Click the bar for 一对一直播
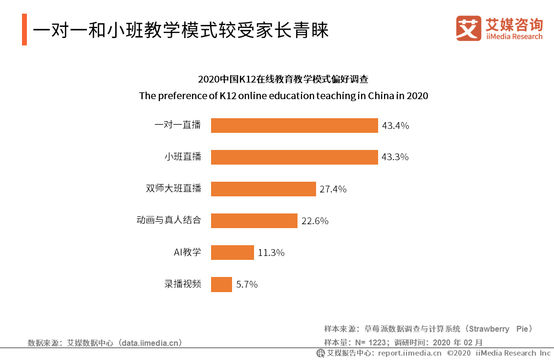[294, 126]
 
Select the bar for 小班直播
[294, 157]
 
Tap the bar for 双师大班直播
[263, 189]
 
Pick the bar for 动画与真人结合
[254, 221]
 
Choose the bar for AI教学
[233, 253]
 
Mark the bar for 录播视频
[221, 284]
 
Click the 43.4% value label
[395, 126]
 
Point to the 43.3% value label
[395, 157]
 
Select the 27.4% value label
[333, 189]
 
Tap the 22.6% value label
[315, 221]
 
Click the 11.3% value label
[271, 253]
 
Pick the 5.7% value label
[247, 284]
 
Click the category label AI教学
[188, 253]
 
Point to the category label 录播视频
[183, 284]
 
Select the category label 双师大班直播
[173, 189]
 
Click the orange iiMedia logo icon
[469, 28]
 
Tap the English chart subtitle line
[283, 96]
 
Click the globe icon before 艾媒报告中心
[320, 353]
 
